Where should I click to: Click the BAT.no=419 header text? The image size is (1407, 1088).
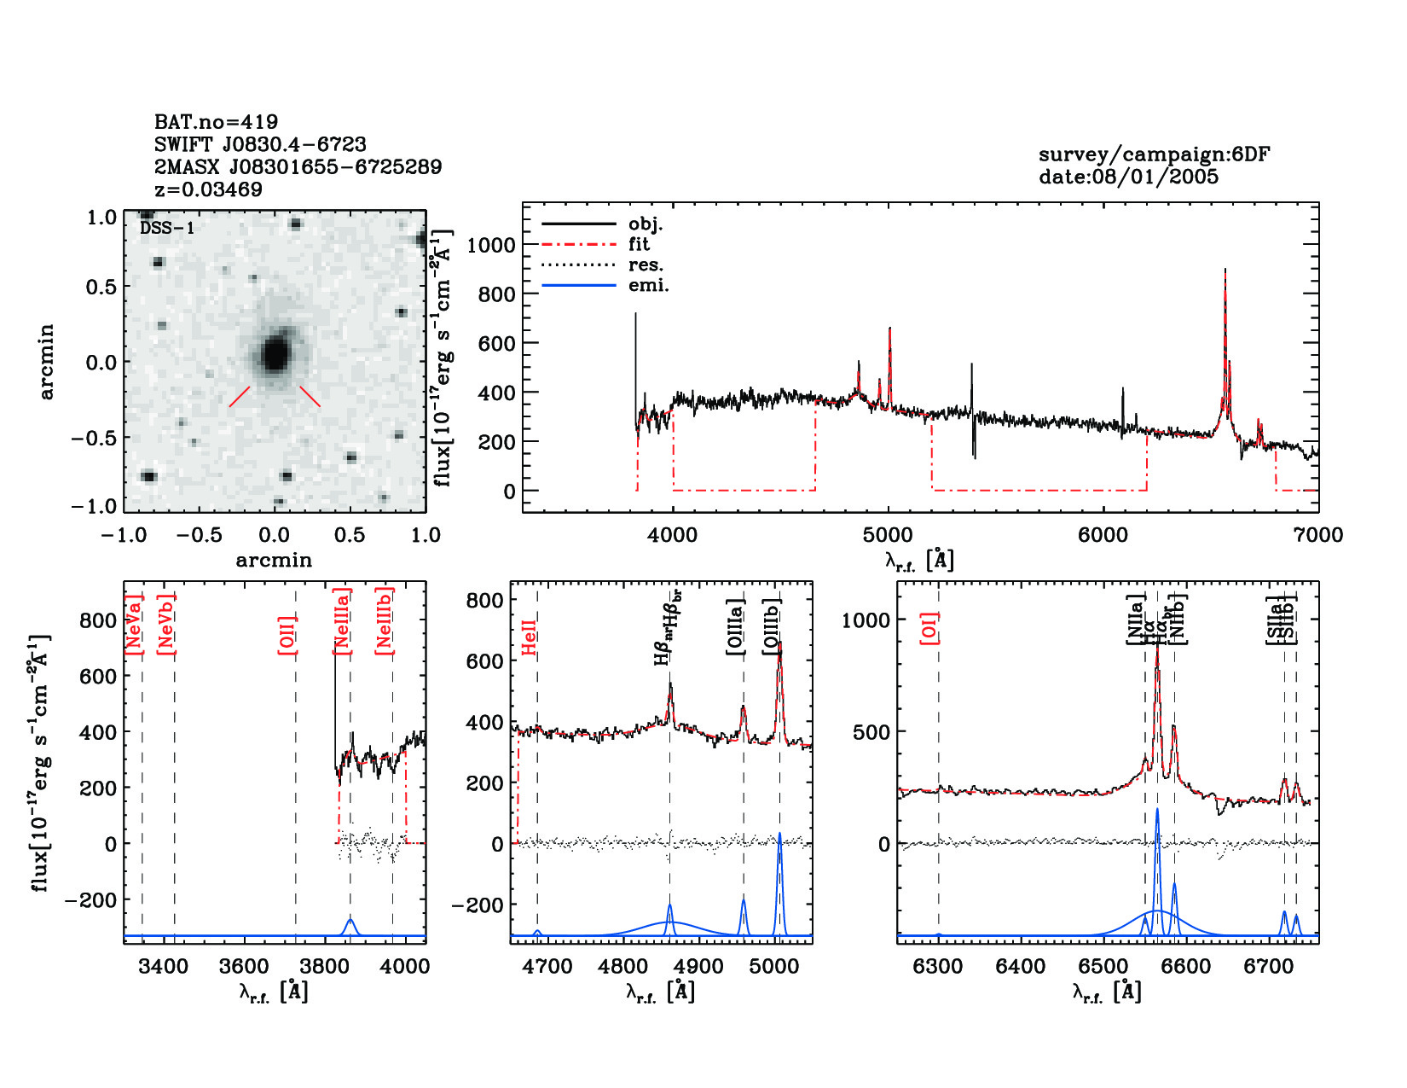216,122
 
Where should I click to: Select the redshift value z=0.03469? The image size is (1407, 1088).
208,189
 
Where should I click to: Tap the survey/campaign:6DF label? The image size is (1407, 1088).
1154,154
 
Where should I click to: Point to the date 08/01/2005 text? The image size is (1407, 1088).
1128,177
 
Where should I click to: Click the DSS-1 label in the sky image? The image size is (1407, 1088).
167,228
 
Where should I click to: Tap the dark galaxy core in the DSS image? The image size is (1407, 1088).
275,353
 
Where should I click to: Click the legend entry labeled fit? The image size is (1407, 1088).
639,244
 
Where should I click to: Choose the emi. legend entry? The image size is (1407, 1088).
648,285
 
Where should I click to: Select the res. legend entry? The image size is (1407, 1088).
646,265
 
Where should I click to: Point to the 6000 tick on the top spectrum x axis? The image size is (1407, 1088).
1103,535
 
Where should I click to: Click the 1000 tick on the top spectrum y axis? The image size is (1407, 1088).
491,245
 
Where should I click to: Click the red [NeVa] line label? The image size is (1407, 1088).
133,625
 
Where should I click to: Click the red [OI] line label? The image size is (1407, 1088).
929,627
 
